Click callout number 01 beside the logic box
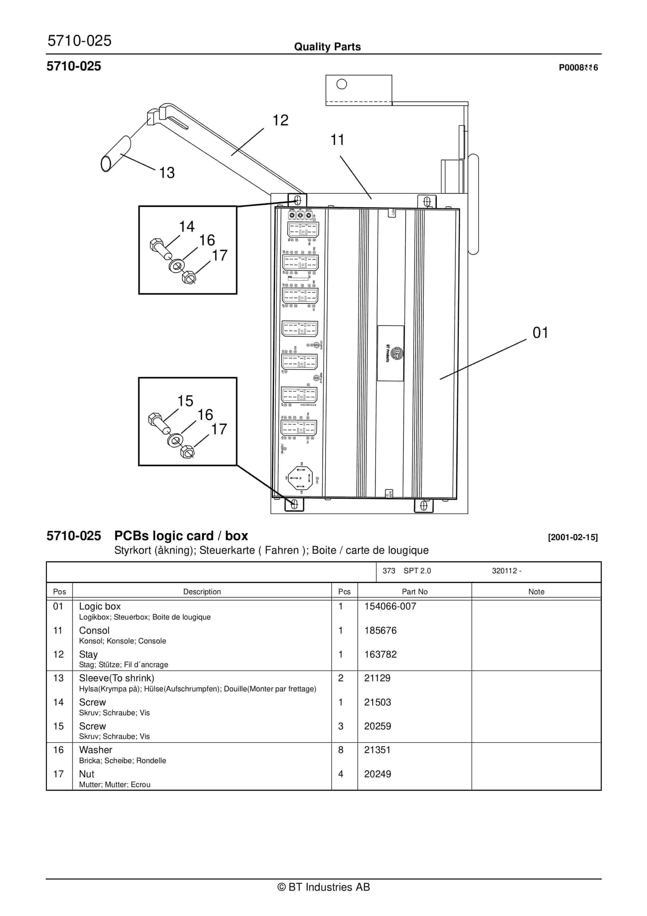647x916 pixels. (540, 332)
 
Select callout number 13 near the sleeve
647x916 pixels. (167, 173)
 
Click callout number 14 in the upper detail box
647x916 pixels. (186, 227)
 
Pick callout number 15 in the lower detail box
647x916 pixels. (185, 401)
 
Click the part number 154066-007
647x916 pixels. (390, 606)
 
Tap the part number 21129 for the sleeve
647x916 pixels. (377, 678)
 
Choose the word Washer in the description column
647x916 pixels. (95, 750)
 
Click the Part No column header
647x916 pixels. (415, 592)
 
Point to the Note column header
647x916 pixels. (536, 592)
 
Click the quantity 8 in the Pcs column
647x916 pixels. (341, 750)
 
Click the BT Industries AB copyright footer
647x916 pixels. (323, 887)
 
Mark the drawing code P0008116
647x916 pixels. (578, 67)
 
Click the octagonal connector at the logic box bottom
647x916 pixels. (300, 478)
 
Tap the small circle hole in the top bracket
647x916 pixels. (341, 84)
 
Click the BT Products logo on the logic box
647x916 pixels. (397, 353)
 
